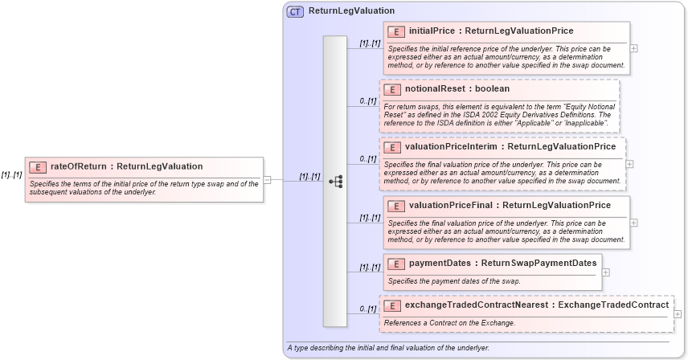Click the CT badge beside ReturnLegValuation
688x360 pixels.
point(295,11)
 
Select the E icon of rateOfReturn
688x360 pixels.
point(37,166)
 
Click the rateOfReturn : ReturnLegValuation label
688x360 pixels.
point(126,166)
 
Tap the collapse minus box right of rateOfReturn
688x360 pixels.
point(267,180)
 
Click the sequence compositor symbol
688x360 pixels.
point(335,182)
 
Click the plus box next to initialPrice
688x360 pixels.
point(634,48)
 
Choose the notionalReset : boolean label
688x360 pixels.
point(457,89)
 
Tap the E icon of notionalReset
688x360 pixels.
point(391,89)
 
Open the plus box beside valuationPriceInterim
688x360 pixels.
point(629,164)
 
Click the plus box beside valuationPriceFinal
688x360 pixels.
point(634,223)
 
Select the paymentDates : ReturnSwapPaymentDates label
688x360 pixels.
point(502,263)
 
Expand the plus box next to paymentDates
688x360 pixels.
point(605,272)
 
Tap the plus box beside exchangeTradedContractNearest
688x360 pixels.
point(678,314)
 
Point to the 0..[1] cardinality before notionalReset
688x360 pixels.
point(367,100)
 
